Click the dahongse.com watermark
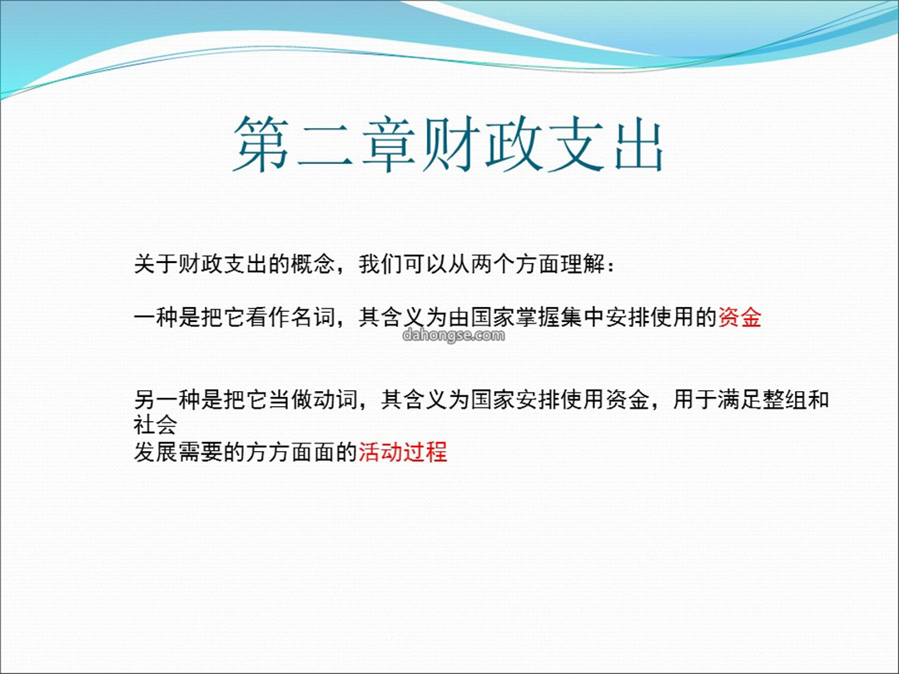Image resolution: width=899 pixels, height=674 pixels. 454,335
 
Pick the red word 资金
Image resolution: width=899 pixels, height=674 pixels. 740,317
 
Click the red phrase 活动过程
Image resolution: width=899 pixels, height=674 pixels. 403,452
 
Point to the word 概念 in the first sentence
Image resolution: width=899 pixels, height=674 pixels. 313,265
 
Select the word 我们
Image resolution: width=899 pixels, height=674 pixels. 380,265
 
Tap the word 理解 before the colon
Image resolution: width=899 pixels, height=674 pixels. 583,265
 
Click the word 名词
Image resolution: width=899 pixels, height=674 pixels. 313,317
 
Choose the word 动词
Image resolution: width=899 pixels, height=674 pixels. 335,399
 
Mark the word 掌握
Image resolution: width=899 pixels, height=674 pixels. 538,317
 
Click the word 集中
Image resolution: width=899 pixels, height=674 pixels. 583,317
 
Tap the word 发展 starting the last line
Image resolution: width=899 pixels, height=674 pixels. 156,452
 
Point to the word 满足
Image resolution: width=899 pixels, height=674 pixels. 740,399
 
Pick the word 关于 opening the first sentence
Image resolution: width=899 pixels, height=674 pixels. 156,265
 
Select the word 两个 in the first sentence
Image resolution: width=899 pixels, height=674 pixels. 493,265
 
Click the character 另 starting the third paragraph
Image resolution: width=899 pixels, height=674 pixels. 145,399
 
